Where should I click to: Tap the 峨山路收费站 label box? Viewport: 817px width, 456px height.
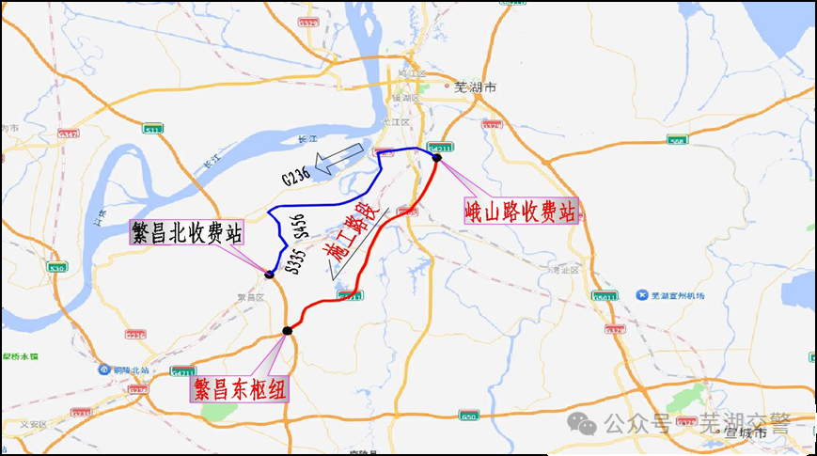point(519,210)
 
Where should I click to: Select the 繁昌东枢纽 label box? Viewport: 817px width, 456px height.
point(243,389)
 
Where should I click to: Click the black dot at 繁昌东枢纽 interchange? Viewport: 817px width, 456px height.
point(287,330)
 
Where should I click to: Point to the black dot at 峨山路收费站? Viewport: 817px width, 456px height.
point(437,158)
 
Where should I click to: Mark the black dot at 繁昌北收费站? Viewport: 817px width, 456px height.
point(269,275)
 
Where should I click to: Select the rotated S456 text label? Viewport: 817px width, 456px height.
point(300,226)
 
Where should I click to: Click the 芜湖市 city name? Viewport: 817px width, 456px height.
point(474,87)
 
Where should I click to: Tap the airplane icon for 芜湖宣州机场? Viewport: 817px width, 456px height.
point(642,295)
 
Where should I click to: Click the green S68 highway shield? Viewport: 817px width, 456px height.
point(676,140)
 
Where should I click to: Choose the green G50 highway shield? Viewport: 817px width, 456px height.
point(469,416)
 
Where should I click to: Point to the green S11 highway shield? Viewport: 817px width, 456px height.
point(152,128)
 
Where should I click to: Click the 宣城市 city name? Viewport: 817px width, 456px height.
point(746,432)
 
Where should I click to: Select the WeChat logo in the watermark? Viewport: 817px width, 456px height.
point(588,425)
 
